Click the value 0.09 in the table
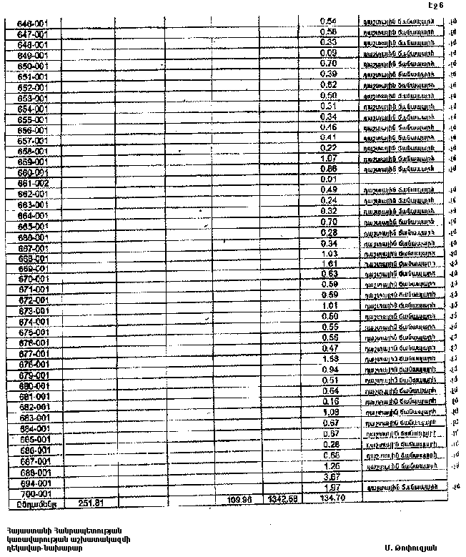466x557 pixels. (x=329, y=53)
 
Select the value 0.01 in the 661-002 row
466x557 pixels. (x=329, y=179)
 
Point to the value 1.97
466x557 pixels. (x=329, y=487)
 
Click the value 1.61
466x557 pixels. (x=329, y=264)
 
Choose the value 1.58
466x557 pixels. (x=329, y=358)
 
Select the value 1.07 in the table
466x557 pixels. (x=329, y=158)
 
